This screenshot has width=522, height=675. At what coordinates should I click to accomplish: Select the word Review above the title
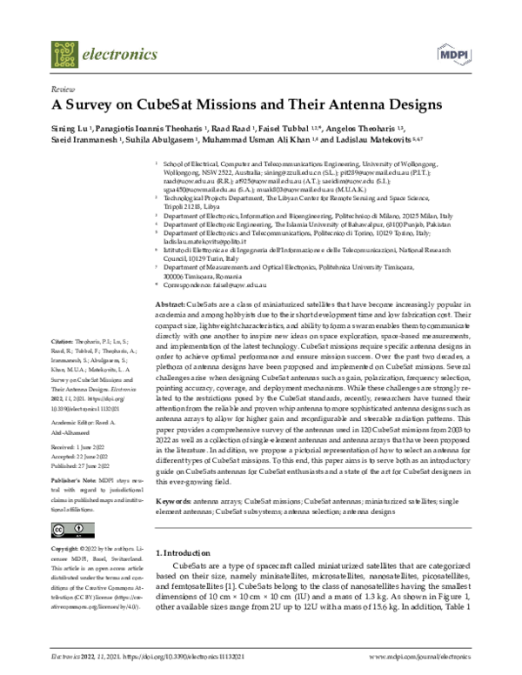click(x=63, y=90)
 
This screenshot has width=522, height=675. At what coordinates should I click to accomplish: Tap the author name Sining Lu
click(x=73, y=129)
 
